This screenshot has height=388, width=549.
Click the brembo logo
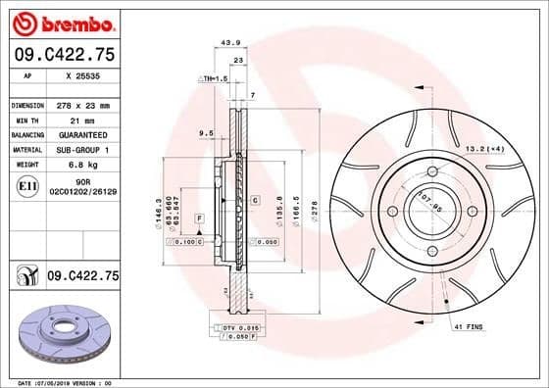[61, 22]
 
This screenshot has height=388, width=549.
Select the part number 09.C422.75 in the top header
[64, 56]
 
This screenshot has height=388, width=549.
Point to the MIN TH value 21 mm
[77, 120]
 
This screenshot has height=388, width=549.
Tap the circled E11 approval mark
[29, 186]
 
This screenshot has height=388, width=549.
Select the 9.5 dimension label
[206, 132]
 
